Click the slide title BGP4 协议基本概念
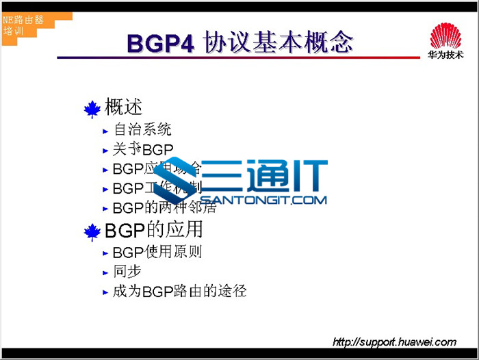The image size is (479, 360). pyautogui.click(x=239, y=42)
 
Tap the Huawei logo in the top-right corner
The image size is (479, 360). pyautogui.click(x=445, y=35)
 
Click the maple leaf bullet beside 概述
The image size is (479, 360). pyautogui.click(x=92, y=109)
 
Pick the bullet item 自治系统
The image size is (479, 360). pyautogui.click(x=142, y=129)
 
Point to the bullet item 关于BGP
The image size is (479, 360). pyautogui.click(x=143, y=149)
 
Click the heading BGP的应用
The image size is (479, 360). pyautogui.click(x=153, y=229)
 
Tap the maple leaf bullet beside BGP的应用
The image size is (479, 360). pyautogui.click(x=92, y=232)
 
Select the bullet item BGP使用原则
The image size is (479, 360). pyautogui.click(x=157, y=252)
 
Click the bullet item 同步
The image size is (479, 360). pyautogui.click(x=127, y=271)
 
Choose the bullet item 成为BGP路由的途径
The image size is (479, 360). pyautogui.click(x=179, y=291)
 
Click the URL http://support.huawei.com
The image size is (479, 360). pyautogui.click(x=394, y=342)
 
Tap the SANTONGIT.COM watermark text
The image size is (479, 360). pyautogui.click(x=263, y=201)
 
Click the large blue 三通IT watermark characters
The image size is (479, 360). pyautogui.click(x=267, y=177)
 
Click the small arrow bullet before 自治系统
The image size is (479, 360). pyautogui.click(x=105, y=130)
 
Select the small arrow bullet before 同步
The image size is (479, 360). pyautogui.click(x=105, y=272)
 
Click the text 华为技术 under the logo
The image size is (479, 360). pyautogui.click(x=445, y=55)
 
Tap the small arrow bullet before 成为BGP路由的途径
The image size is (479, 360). pyautogui.click(x=105, y=292)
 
